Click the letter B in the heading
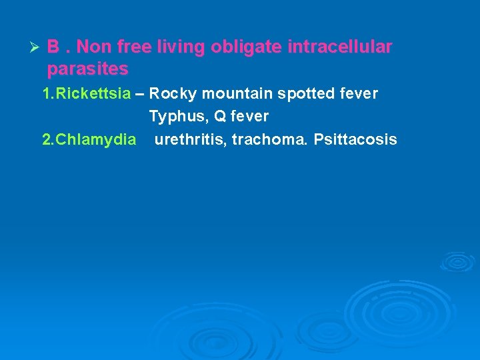tap(53, 48)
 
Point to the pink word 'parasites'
tap(88, 69)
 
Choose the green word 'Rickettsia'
tap(93, 94)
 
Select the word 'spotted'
tap(307, 94)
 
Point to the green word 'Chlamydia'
tap(96, 139)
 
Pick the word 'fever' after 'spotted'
tap(359, 94)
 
